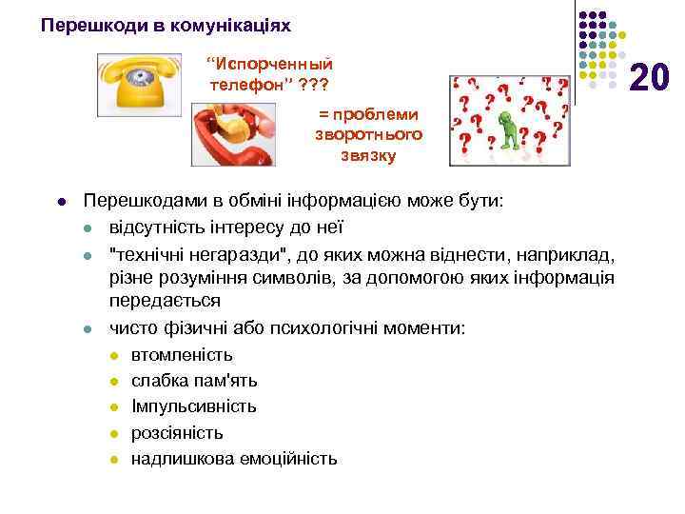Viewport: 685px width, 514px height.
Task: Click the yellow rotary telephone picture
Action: (138, 84)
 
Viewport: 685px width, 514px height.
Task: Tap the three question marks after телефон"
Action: (313, 84)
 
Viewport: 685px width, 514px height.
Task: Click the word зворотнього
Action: (368, 134)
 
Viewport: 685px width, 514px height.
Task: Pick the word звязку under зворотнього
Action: (368, 155)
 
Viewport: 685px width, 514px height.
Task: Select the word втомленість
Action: (182, 355)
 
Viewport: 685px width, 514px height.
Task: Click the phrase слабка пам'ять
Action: (194, 381)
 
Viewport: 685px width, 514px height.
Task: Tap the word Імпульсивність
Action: (194, 406)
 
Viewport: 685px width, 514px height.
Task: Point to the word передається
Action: (166, 301)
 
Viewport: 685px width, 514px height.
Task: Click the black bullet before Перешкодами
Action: (61, 203)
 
